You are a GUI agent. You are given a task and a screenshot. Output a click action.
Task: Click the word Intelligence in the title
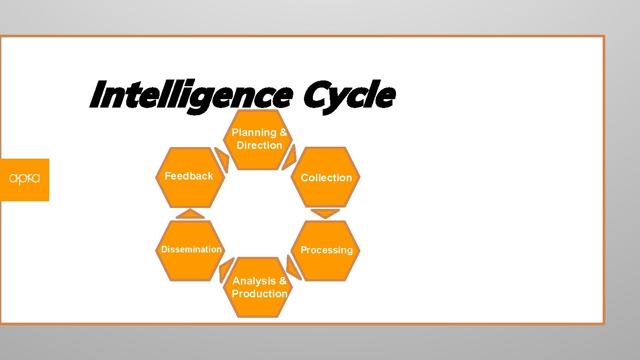pos(190,96)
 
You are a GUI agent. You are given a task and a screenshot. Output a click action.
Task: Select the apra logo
pos(24,180)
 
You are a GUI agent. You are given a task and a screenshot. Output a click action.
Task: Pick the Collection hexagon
pos(326,178)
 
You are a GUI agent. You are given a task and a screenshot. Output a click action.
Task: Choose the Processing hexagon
pos(326,250)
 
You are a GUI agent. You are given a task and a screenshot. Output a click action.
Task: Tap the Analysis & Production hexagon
pos(260,288)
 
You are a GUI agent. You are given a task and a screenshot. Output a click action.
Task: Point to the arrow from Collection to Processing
pos(325,213)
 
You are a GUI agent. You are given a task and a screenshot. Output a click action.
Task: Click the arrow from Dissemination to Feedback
pos(190,214)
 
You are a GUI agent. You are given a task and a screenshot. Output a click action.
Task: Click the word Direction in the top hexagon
pos(260,145)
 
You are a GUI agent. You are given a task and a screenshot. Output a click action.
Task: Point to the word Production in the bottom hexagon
pos(260,294)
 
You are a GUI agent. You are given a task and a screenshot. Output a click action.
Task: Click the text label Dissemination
pos(192,250)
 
